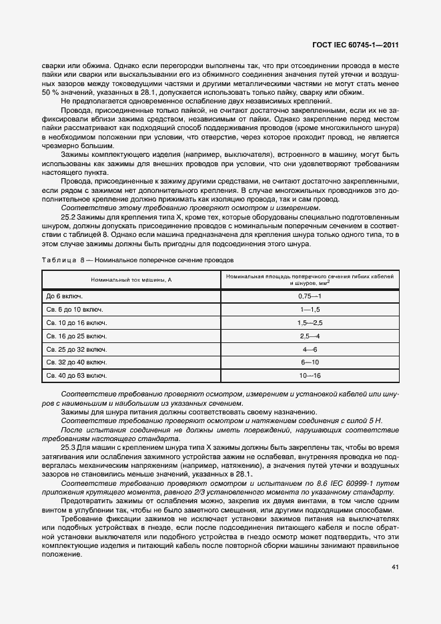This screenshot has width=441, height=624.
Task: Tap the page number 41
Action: coord(395,567)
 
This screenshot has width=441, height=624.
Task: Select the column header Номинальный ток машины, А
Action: coord(131,279)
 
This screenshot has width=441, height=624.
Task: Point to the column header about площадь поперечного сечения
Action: coord(310,279)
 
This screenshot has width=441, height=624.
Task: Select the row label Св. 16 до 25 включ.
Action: coord(73,336)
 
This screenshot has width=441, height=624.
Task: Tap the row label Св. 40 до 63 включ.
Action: coord(73,376)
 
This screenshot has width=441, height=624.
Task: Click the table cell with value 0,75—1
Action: coord(310,295)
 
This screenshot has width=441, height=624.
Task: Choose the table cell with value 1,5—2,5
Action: coord(310,322)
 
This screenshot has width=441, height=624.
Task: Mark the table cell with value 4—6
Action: coord(310,349)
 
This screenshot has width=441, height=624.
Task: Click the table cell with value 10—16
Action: coord(310,376)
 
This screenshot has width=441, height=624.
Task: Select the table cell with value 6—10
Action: coord(310,363)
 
